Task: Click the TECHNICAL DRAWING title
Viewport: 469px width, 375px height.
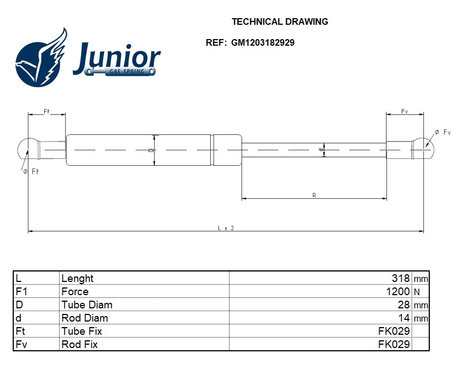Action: (280, 22)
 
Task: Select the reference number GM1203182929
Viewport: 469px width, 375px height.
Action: (262, 42)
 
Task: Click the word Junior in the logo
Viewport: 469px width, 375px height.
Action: (116, 58)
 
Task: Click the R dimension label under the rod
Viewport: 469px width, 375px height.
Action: (314, 195)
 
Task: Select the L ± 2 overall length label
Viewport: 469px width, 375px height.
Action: (226, 228)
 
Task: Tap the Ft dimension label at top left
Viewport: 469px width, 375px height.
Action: (47, 111)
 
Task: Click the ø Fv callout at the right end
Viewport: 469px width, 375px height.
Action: (443, 132)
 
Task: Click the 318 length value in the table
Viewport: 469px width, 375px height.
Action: (400, 278)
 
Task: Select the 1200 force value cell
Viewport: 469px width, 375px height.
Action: (397, 291)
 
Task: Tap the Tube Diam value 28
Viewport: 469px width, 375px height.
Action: (404, 305)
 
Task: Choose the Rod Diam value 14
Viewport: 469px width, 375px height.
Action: (404, 318)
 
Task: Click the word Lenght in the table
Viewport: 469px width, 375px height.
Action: (77, 278)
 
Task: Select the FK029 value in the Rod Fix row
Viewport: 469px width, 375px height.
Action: (393, 344)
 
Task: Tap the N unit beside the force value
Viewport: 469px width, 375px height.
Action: (417, 292)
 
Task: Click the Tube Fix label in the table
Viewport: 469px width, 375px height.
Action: (81, 331)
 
